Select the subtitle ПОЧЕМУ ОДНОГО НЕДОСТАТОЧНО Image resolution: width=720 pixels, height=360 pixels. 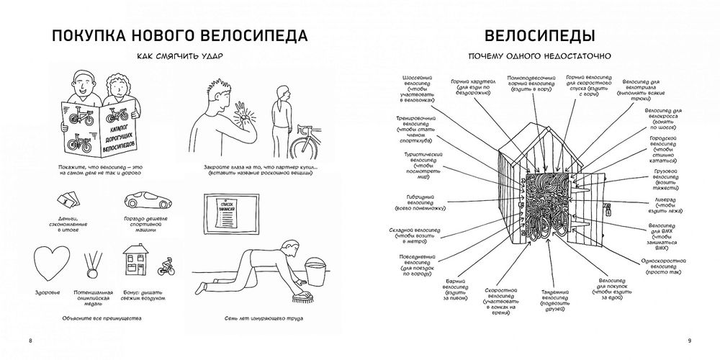point(539,55)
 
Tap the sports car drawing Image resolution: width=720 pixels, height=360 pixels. point(147,201)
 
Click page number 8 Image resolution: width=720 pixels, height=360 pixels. point(30,340)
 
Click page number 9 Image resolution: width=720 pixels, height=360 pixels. point(689,340)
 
